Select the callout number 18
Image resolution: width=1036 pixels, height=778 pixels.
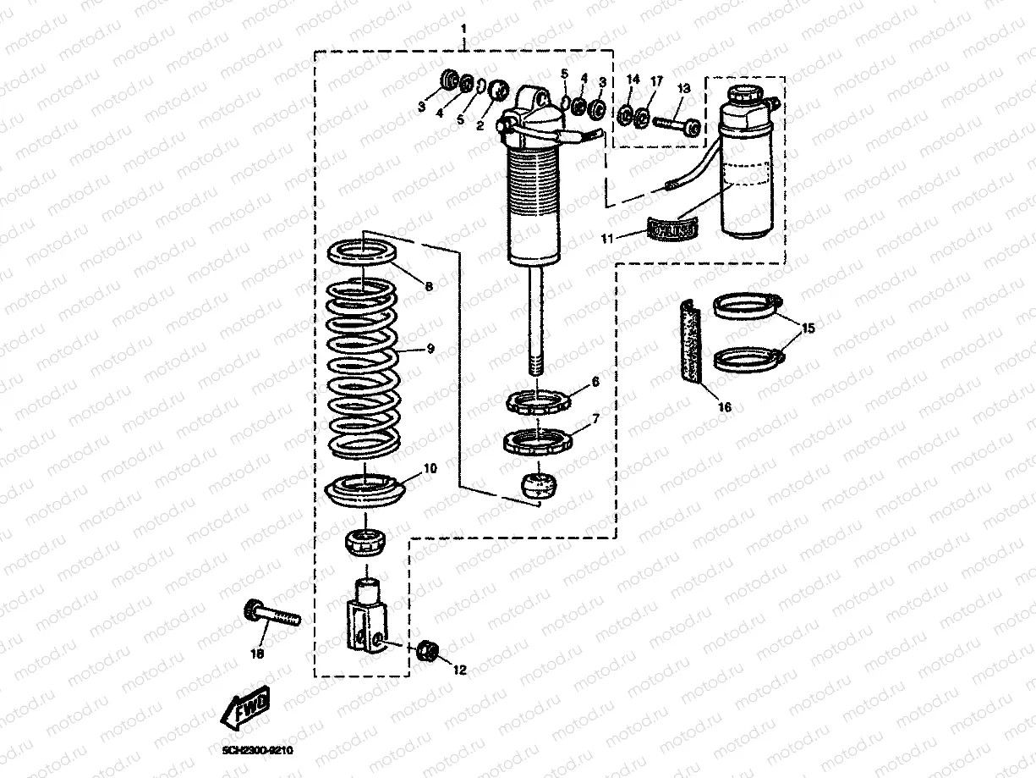(258, 654)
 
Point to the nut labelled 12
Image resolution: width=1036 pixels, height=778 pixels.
(428, 651)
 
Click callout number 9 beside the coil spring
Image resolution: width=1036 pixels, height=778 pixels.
(430, 348)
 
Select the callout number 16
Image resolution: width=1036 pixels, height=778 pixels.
(724, 407)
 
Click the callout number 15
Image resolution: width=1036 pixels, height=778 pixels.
(809, 328)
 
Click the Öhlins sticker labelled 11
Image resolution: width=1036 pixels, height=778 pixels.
(674, 229)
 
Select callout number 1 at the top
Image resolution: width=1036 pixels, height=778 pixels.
(463, 30)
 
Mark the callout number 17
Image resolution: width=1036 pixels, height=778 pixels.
(656, 80)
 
